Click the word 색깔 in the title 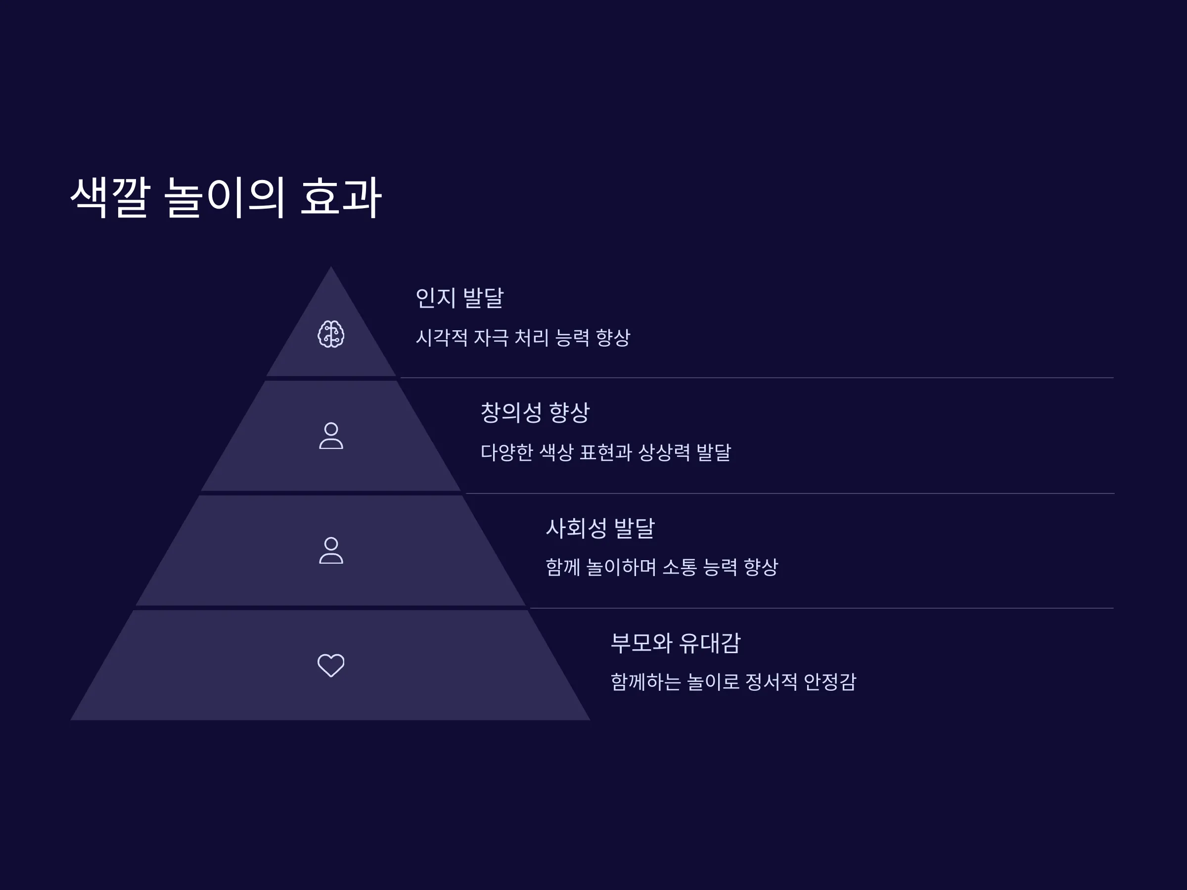pyautogui.click(x=110, y=197)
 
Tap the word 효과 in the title pyautogui.click(x=341, y=197)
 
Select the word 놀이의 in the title pyautogui.click(x=225, y=197)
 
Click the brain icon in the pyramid pyautogui.click(x=331, y=334)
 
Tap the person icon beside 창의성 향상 pyautogui.click(x=331, y=436)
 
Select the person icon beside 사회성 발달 pyautogui.click(x=331, y=550)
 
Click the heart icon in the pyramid pyautogui.click(x=331, y=666)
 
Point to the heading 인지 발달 pyautogui.click(x=460, y=298)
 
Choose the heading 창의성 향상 pyautogui.click(x=535, y=412)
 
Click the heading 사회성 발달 pyautogui.click(x=600, y=528)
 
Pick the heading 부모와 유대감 pyautogui.click(x=676, y=643)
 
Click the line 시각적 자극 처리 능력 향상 pyautogui.click(x=523, y=337)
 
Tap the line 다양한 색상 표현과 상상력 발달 pyautogui.click(x=606, y=452)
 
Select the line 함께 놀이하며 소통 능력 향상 pyautogui.click(x=662, y=567)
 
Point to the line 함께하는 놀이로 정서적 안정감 pyautogui.click(x=733, y=682)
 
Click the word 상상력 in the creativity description pyautogui.click(x=664, y=452)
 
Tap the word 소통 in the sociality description pyautogui.click(x=680, y=567)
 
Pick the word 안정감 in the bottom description pyautogui.click(x=830, y=682)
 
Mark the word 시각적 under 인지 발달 pyautogui.click(x=442, y=337)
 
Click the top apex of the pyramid pyautogui.click(x=331, y=267)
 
